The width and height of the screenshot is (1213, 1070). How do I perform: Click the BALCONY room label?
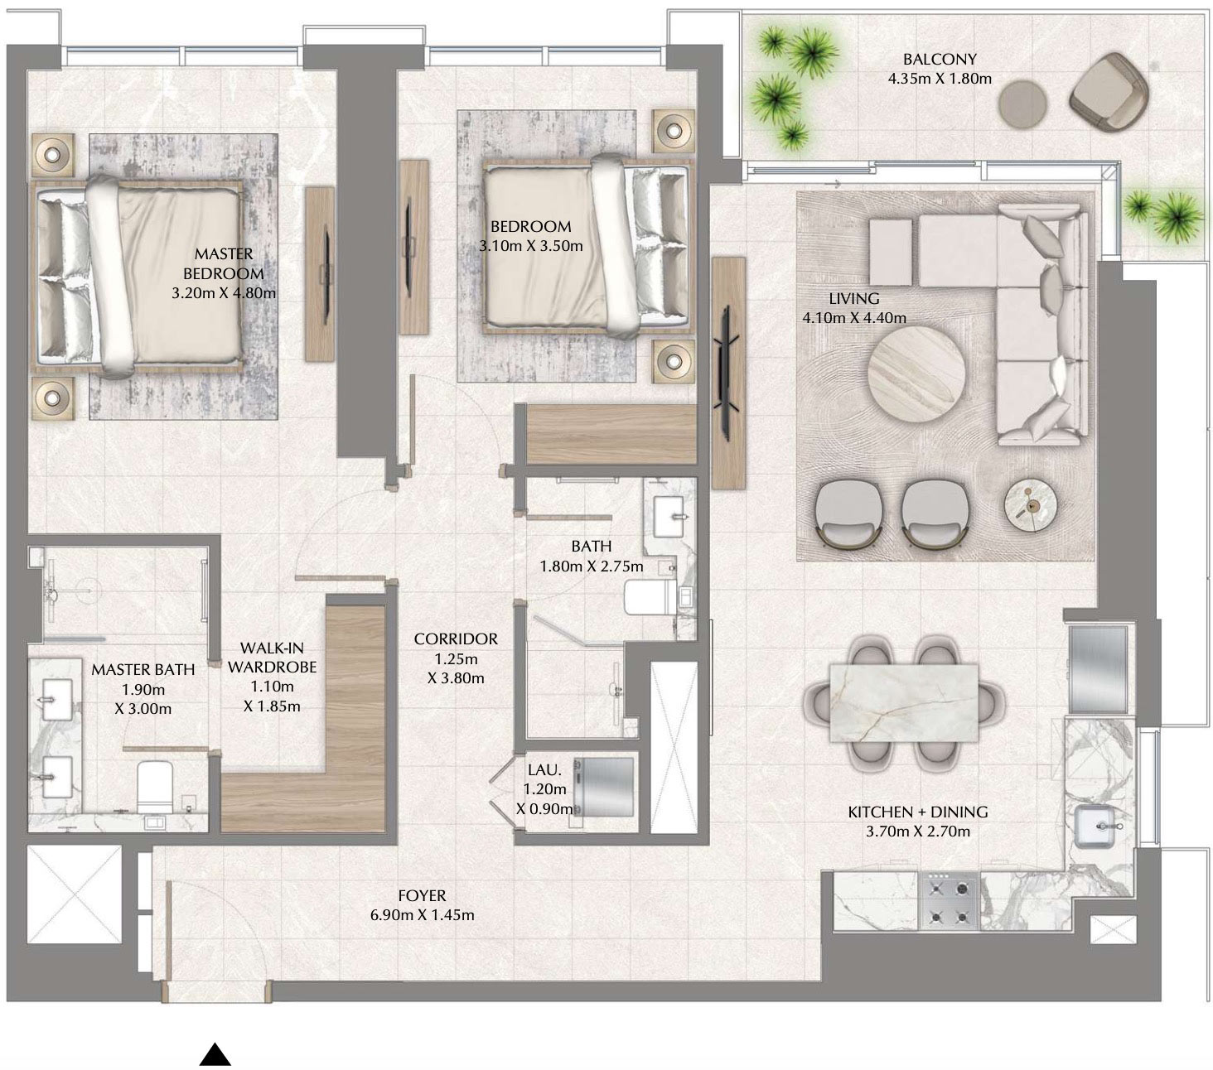click(x=939, y=59)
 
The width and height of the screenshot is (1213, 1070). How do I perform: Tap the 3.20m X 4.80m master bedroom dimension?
click(x=223, y=293)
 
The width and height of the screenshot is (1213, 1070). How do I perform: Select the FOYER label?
click(x=422, y=895)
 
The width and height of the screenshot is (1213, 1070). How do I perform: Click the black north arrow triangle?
click(x=215, y=1054)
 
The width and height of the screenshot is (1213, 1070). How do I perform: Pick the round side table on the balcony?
click(x=1022, y=103)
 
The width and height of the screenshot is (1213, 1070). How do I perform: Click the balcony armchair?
click(x=1109, y=91)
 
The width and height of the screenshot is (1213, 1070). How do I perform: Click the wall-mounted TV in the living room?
click(x=727, y=372)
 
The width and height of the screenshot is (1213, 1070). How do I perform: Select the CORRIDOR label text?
click(x=456, y=639)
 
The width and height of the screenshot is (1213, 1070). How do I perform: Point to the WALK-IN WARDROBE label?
click(x=272, y=657)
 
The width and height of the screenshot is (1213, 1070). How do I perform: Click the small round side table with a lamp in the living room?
click(x=1031, y=504)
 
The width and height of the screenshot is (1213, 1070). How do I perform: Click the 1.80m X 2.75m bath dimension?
click(x=591, y=566)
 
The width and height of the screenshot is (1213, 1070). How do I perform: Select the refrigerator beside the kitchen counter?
click(x=1097, y=669)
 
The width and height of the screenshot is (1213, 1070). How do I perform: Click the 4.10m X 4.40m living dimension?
click(x=853, y=317)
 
